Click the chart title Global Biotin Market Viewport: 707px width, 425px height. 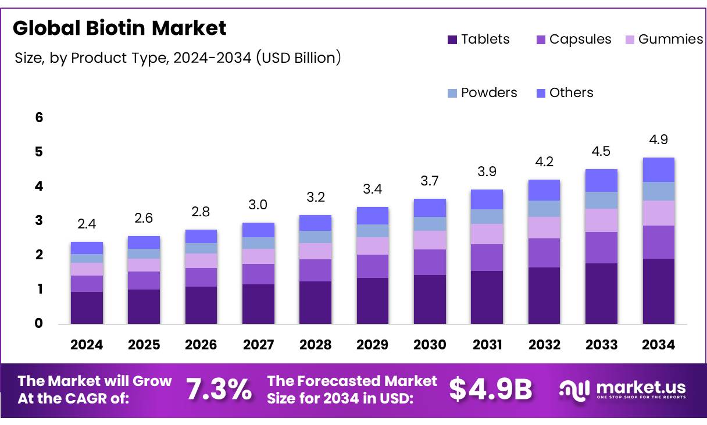point(119,28)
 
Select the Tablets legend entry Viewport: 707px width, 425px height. point(479,40)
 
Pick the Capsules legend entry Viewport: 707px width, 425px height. point(573,40)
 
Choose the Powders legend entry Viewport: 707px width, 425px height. point(482,93)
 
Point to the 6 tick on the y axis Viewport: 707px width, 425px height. point(39,118)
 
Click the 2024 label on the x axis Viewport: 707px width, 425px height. point(87,345)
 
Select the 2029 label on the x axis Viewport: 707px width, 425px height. point(373,345)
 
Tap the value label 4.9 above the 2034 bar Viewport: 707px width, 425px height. point(658,140)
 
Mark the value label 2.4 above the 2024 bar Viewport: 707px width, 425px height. point(87,224)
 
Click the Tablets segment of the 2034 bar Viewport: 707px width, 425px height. point(658,291)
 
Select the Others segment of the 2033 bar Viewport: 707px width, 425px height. point(601,180)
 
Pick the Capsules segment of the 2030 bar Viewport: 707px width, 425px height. point(430,262)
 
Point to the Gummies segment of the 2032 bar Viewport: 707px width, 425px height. point(544,227)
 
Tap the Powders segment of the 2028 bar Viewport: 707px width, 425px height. point(315,237)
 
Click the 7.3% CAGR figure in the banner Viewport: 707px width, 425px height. point(219,390)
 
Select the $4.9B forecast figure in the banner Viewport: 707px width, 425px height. point(491,390)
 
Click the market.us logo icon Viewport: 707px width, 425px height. point(574,390)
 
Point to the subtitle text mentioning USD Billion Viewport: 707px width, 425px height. point(177,58)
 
